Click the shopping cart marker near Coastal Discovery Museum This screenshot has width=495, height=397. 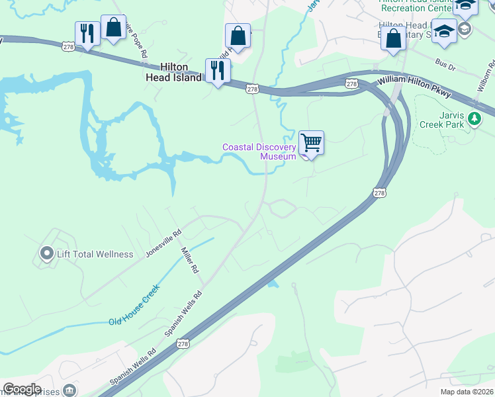311,142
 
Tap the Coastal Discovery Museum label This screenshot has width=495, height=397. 259,152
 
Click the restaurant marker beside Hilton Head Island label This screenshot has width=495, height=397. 218,70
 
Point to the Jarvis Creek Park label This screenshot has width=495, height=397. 439,118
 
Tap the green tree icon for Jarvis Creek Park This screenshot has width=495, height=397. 474,118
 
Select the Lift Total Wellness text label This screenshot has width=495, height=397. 95,254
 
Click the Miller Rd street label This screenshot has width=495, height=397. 191,260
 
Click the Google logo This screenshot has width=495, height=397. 22,389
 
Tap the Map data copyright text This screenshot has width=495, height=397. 467,392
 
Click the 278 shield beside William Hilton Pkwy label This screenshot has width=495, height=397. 351,83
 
